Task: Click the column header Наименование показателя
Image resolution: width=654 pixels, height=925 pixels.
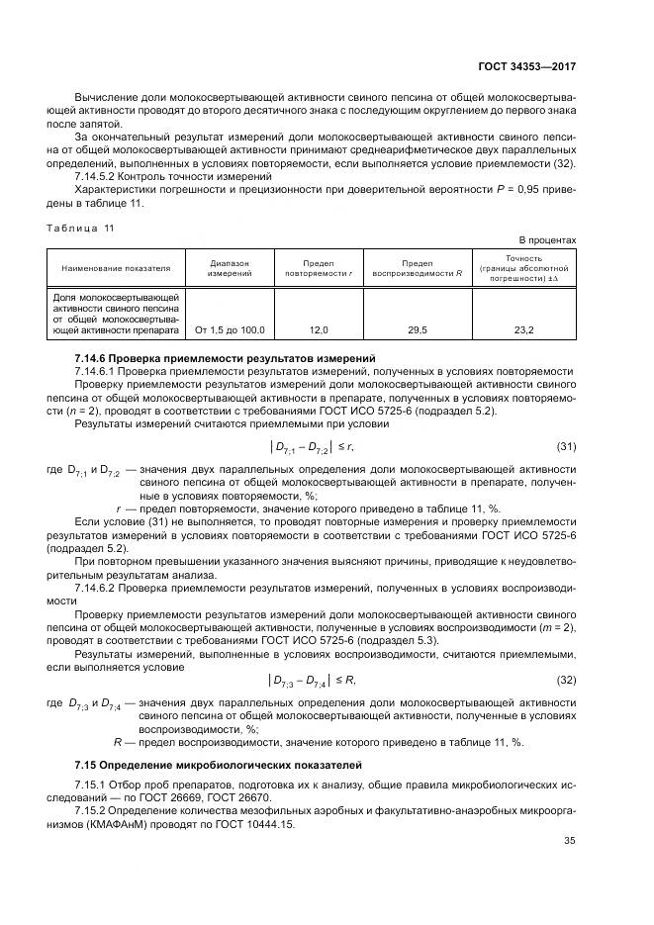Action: (x=116, y=268)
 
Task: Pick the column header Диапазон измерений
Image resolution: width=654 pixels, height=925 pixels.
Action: (x=230, y=268)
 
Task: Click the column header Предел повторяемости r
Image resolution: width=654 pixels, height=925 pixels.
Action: (x=319, y=268)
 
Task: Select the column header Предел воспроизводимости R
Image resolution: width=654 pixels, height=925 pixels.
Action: (x=417, y=268)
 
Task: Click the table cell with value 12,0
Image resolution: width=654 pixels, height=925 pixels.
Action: (x=319, y=329)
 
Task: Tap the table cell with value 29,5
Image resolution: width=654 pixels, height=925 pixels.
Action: (x=417, y=329)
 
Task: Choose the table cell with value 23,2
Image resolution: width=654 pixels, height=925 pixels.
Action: (x=524, y=329)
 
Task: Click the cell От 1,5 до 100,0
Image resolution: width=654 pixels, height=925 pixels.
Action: (x=230, y=329)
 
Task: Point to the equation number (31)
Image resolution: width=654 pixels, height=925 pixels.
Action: (x=566, y=447)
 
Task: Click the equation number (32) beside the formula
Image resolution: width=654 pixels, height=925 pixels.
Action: (x=566, y=680)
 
